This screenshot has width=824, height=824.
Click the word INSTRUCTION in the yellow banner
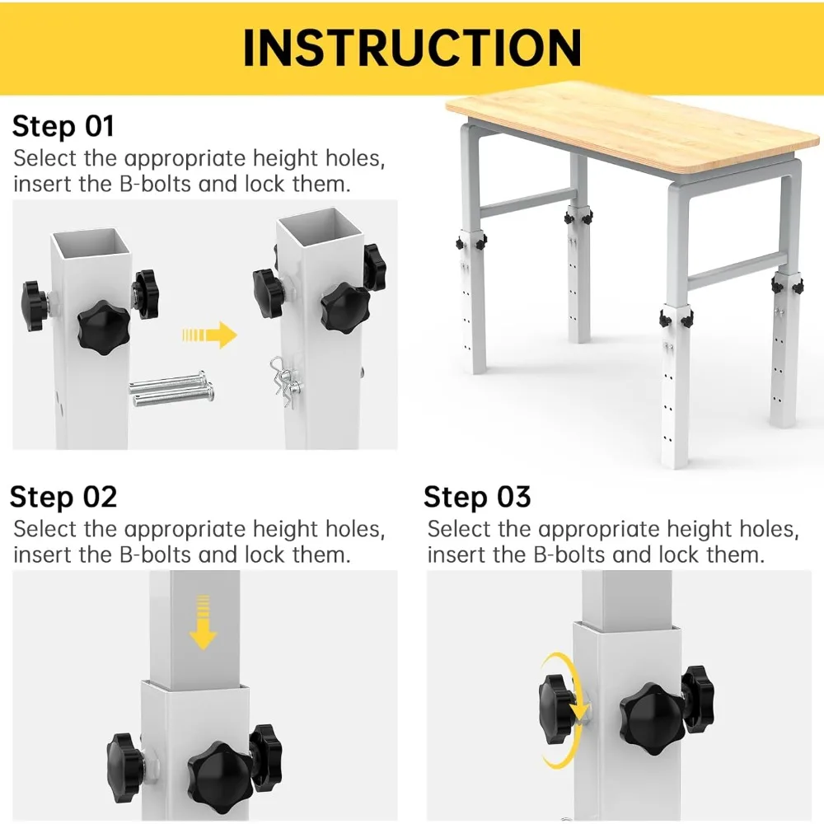(412, 47)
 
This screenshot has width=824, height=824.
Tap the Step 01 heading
(63, 127)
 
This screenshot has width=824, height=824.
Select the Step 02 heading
(63, 497)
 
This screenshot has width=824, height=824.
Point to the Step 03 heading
(477, 497)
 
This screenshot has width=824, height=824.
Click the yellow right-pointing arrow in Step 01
(209, 335)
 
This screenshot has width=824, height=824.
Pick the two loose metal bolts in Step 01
(172, 389)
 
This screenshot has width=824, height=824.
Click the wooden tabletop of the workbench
(632, 127)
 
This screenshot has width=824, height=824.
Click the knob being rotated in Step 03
(556, 709)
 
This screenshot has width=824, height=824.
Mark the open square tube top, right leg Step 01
(320, 227)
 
